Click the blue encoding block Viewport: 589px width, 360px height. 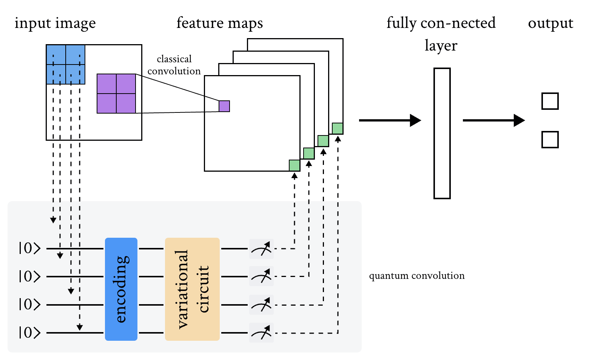click(x=121, y=289)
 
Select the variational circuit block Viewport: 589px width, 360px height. click(x=192, y=289)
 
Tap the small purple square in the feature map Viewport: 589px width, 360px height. click(x=224, y=106)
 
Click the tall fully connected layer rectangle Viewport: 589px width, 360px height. click(x=442, y=133)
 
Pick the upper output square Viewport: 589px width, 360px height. click(x=550, y=101)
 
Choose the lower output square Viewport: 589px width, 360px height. click(x=550, y=140)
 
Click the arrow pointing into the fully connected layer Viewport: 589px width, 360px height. click(x=390, y=120)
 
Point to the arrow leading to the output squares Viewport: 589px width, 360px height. click(x=493, y=120)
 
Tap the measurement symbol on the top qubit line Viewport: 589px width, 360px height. click(x=261, y=249)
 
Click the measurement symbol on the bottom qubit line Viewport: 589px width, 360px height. click(x=261, y=333)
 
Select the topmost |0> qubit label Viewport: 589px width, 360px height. click(x=29, y=248)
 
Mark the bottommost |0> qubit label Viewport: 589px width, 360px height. click(x=29, y=332)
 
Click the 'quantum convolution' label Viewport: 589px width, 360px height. click(x=416, y=276)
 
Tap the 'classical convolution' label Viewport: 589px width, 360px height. click(x=174, y=65)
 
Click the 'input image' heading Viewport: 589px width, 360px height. click(x=55, y=23)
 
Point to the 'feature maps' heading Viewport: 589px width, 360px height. click(x=219, y=23)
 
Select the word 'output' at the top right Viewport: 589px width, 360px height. click(x=550, y=23)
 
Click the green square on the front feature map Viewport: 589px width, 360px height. click(x=294, y=165)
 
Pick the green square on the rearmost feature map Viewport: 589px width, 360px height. click(x=338, y=128)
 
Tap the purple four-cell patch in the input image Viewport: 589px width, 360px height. click(x=116, y=94)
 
